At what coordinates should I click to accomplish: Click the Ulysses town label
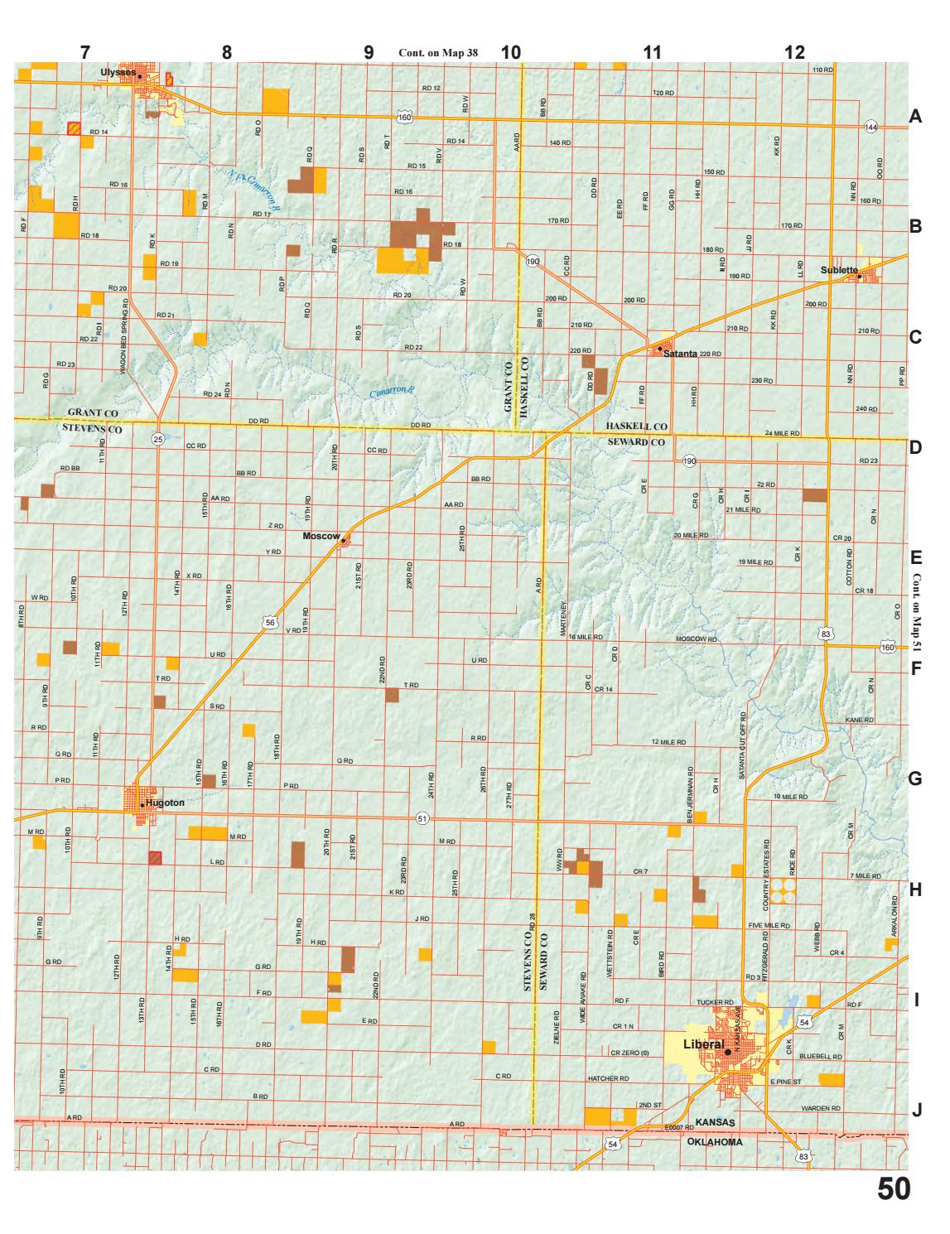pos(115,72)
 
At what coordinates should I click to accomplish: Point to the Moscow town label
pos(321,536)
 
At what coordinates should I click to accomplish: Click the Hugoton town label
pos(164,803)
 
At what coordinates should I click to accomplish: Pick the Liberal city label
pos(703,1044)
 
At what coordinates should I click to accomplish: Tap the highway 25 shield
pos(159,439)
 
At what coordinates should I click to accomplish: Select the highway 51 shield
pos(422,818)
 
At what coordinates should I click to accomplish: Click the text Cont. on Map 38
pos(438,52)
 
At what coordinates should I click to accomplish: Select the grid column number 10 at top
pos(511,52)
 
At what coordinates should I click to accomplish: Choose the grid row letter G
pos(915,779)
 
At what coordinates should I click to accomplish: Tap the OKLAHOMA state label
pos(715,1141)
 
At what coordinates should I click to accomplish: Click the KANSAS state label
pos(716,1122)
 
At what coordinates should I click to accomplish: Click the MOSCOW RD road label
pos(696,639)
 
